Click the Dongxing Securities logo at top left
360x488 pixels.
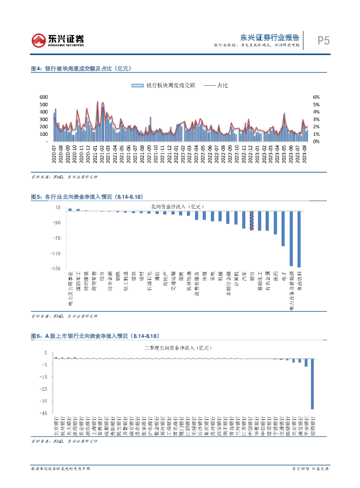(58, 40)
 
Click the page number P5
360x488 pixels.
(323, 41)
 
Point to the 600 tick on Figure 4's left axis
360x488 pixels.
(44, 97)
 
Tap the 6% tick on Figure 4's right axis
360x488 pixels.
(316, 97)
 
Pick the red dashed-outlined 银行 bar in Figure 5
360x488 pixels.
(252, 220)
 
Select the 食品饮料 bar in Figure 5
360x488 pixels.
(299, 239)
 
